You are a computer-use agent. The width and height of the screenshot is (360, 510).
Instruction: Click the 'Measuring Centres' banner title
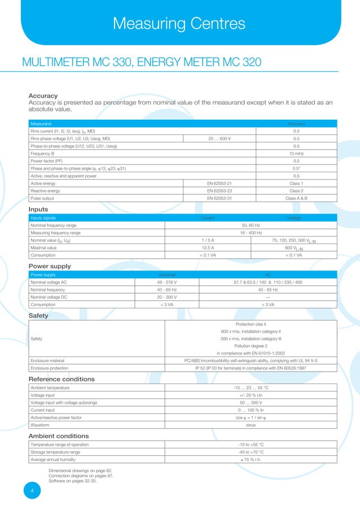[x=179, y=23]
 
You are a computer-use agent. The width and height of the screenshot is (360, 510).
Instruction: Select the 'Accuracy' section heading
[x=43, y=95]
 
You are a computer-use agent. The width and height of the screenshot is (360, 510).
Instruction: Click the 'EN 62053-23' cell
[x=220, y=191]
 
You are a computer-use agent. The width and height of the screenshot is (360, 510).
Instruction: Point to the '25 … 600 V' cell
[x=220, y=138]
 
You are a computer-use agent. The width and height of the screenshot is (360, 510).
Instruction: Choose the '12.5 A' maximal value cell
[x=208, y=247]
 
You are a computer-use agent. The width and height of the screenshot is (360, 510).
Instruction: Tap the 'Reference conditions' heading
[x=62, y=379]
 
